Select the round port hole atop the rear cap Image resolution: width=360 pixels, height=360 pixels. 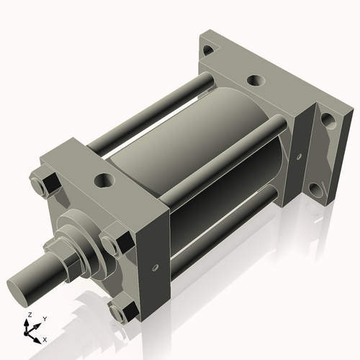(x=256, y=81)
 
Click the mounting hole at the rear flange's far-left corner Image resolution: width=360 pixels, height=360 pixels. (x=209, y=50)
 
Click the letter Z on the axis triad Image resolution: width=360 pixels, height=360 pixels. (x=29, y=315)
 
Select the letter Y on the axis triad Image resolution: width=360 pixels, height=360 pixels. (x=44, y=318)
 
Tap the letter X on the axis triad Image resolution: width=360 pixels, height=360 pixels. (x=45, y=338)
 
